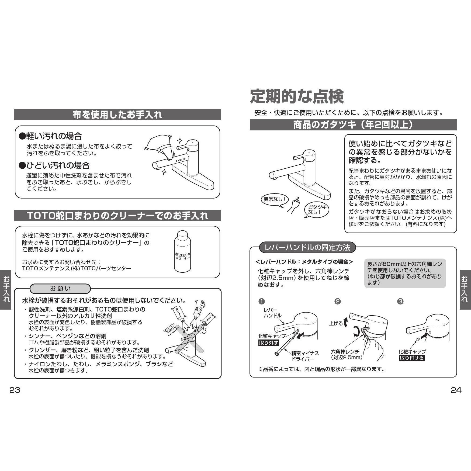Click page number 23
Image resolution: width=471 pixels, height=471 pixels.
(15, 390)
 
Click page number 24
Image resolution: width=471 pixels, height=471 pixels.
(456, 390)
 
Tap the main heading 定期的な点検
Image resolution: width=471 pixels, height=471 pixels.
(297, 96)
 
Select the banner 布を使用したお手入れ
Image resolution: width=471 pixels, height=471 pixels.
(117, 115)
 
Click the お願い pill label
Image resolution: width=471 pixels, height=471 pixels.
(60, 289)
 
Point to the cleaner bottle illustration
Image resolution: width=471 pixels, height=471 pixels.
(182, 251)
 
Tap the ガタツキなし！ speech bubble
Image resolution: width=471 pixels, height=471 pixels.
(316, 210)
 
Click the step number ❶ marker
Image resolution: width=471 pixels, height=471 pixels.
(261, 301)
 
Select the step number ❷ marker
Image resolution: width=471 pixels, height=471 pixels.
(337, 301)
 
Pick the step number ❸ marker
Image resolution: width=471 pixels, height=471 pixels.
(400, 301)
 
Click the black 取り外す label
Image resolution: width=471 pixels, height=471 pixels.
(269, 343)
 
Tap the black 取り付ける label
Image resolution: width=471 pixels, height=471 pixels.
(412, 358)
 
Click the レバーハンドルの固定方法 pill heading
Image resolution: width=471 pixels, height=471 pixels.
(307, 247)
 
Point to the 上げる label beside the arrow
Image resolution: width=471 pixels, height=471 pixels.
(336, 323)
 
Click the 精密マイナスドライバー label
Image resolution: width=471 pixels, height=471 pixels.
(305, 356)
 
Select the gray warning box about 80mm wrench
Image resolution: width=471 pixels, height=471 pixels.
(405, 273)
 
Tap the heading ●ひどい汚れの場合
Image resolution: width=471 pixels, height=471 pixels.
(54, 165)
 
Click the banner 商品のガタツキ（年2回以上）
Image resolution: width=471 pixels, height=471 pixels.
(353, 125)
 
